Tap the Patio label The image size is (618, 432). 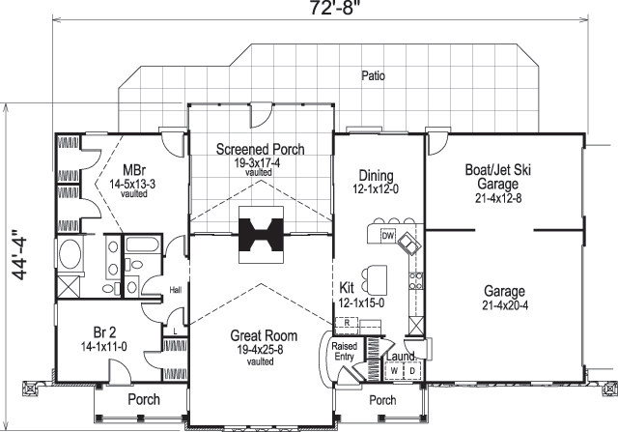[x=371, y=74]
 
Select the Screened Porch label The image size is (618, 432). [x=260, y=149]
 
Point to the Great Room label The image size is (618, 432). [x=264, y=336]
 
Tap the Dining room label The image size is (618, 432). [x=376, y=175]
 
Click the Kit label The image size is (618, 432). [x=349, y=287]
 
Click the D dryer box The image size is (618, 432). [x=412, y=369]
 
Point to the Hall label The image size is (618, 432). [x=175, y=288]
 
